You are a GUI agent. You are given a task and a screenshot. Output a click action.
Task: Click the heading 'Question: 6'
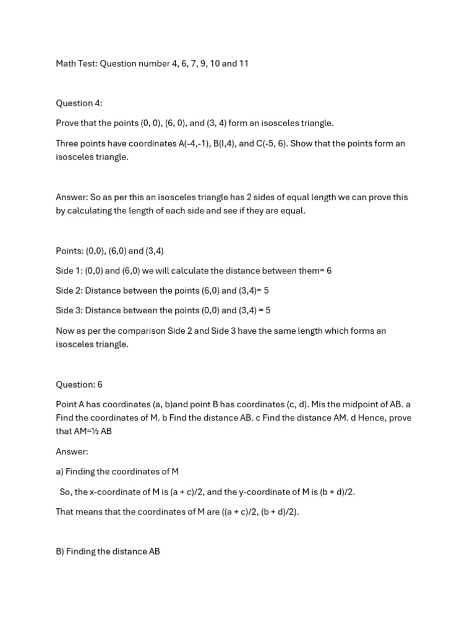point(79,384)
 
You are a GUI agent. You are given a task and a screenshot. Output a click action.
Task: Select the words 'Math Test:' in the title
point(76,64)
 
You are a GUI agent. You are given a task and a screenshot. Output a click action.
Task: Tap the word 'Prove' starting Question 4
point(67,123)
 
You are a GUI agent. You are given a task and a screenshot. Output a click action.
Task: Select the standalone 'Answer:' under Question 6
point(72,451)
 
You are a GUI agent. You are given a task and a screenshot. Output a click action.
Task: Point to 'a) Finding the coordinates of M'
point(117,472)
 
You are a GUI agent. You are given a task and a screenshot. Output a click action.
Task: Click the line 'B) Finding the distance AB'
point(108,551)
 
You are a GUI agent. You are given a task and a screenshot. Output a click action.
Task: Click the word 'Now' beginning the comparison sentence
point(65,331)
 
